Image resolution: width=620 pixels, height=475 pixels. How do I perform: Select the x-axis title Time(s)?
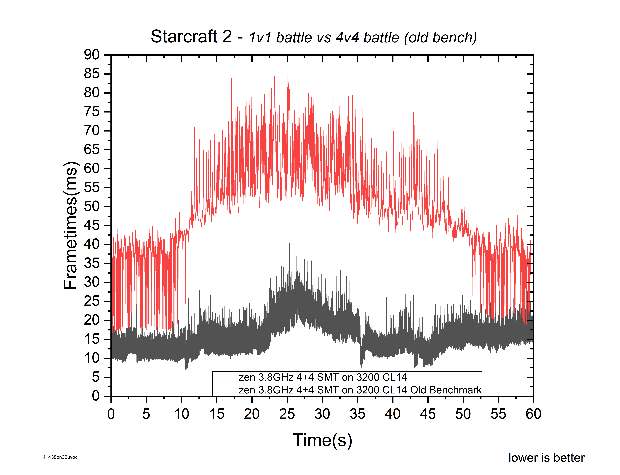(x=322, y=440)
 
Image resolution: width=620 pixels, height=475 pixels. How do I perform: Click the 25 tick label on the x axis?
(x=287, y=414)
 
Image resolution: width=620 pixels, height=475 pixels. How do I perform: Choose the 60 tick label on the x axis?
(x=533, y=414)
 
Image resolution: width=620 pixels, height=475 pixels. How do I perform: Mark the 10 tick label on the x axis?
(x=181, y=414)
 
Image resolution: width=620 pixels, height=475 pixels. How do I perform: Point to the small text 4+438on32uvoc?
(x=60, y=457)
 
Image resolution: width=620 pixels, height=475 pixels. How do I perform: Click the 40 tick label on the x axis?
(x=393, y=414)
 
